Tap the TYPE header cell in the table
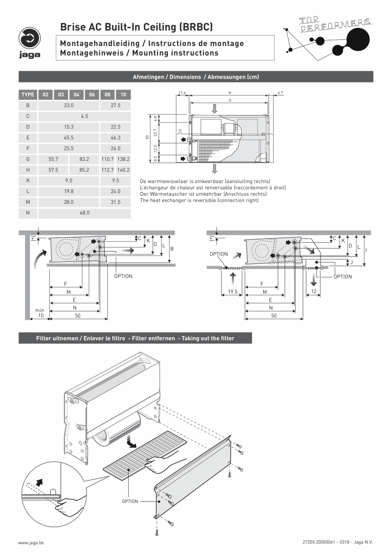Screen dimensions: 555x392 coord(28,95)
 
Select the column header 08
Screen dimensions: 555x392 coord(107,95)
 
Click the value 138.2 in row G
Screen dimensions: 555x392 coord(123,159)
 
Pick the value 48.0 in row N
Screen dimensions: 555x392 coord(84,213)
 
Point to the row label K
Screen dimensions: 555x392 coord(28,180)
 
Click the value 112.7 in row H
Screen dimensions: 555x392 coord(107,170)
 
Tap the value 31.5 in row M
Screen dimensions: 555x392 coord(115,202)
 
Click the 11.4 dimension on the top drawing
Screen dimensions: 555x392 coord(182,93)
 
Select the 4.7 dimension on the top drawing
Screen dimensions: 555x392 coord(280,93)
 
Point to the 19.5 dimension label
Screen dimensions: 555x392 coord(232,292)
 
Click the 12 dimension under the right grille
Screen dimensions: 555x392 coord(314,292)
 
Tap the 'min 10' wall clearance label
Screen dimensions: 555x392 coord(40,313)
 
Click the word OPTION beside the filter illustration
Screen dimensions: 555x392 coord(130,501)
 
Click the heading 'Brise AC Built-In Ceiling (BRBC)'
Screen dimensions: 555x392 coord(136,27)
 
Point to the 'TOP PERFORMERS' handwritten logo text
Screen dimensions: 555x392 coord(334,25)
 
